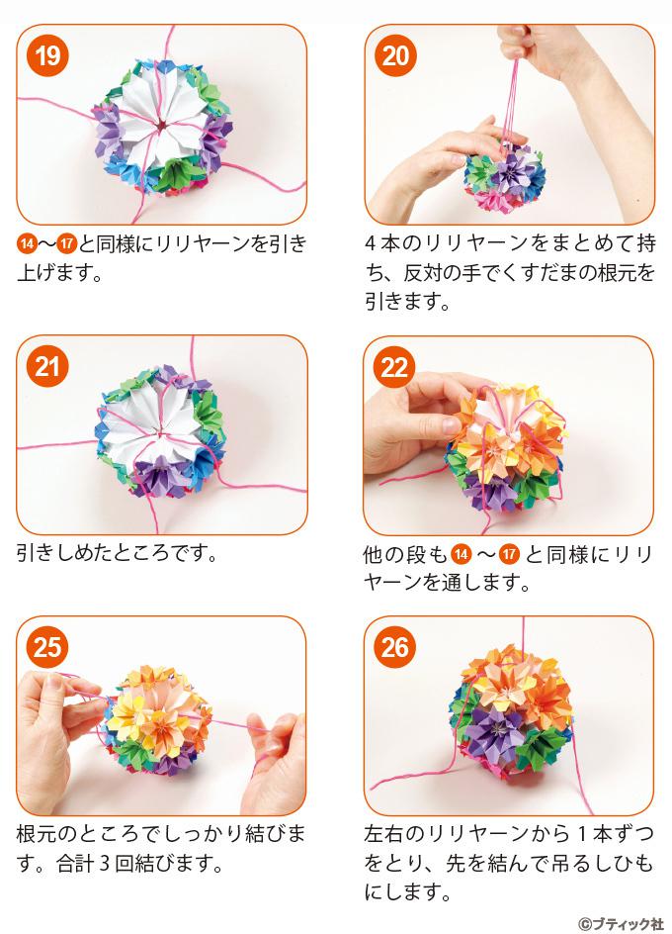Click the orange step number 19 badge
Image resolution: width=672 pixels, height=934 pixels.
[47, 56]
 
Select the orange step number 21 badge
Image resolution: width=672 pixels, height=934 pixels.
[47, 366]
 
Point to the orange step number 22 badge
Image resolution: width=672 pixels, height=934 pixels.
[394, 367]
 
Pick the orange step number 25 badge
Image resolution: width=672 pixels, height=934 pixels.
[47, 647]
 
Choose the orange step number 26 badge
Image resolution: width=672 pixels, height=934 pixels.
[395, 647]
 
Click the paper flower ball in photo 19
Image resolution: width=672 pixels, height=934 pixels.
[162, 127]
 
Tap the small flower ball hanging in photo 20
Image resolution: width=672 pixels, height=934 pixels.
[505, 176]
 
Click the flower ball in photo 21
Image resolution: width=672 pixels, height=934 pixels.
[161, 431]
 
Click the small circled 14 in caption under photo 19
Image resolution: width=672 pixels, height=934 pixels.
[27, 244]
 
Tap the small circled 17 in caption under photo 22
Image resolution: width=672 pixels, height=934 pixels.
[509, 554]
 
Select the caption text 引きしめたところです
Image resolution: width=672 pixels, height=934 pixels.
[117, 553]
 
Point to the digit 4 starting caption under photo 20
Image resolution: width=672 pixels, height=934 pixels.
[372, 243]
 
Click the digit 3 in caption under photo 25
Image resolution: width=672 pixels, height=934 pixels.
[104, 863]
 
